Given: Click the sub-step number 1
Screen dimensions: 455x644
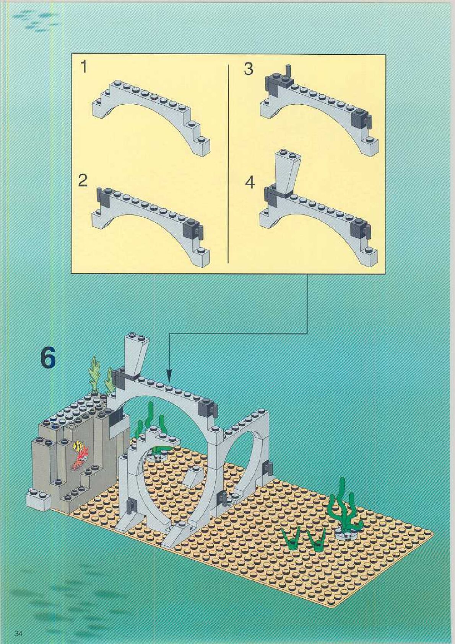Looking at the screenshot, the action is pos(84,67).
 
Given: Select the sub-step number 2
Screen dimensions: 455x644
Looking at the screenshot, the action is pos(83,180).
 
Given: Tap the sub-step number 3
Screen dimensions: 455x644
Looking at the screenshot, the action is pos(249,69).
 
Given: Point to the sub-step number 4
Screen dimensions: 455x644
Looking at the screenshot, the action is pos(249,182).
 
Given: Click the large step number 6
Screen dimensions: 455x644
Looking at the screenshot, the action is pos(48,358).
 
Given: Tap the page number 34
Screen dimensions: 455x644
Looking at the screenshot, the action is pos(19,633).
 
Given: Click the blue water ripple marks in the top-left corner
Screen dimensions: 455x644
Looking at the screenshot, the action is pos(36,20).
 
